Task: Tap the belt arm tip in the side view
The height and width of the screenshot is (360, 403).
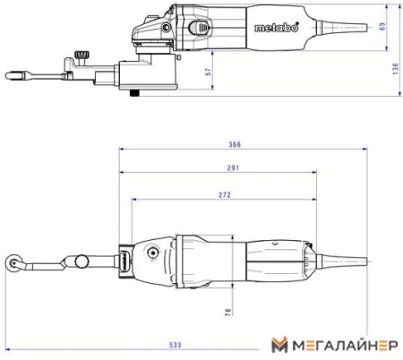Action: click(x=11, y=73)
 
